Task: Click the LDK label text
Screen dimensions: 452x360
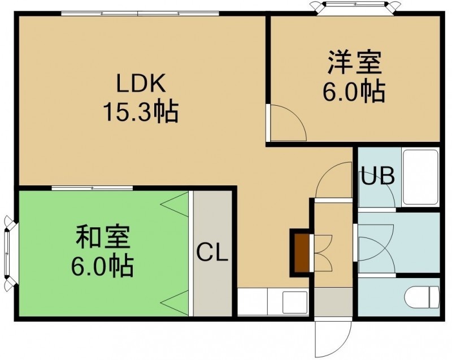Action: pos(141,83)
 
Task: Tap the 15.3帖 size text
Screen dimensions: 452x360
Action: pos(141,112)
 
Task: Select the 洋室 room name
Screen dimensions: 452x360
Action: pos(355,62)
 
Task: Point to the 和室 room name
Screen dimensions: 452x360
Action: pos(103,237)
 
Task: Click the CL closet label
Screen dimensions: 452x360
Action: pos(212,253)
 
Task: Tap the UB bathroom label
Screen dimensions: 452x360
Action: pos(378,176)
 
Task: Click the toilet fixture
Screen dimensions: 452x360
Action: pos(421,297)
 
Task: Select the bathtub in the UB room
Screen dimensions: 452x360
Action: pos(421,177)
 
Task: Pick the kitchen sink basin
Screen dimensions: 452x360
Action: pos(295,302)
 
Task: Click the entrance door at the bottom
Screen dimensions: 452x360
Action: pos(333,339)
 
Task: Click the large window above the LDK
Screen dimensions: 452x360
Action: pos(140,13)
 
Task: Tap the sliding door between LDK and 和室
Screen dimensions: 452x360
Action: pos(92,188)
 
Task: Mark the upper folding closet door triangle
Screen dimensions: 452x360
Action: pos(175,205)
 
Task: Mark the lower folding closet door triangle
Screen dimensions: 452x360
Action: pos(175,303)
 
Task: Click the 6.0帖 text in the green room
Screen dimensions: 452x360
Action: pos(102,266)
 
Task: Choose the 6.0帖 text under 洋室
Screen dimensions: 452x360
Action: pos(354,92)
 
